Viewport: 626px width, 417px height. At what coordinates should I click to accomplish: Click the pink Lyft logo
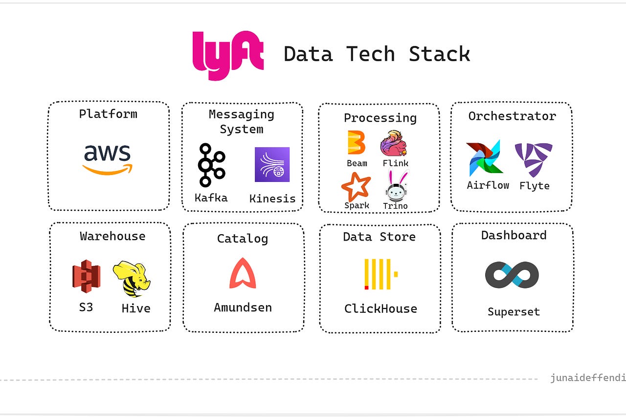click(228, 55)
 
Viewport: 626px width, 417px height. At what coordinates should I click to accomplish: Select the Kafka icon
click(211, 165)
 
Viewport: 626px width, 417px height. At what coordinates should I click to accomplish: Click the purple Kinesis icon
click(272, 165)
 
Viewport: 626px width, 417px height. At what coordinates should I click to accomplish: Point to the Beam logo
click(357, 143)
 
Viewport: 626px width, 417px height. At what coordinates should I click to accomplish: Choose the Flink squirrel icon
click(394, 143)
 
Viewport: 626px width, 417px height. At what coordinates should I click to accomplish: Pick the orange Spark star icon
click(356, 187)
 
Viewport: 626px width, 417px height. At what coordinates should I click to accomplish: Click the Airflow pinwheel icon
click(484, 159)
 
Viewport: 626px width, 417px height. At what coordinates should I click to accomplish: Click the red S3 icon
click(87, 276)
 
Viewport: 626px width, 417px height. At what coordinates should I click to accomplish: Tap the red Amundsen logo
click(243, 273)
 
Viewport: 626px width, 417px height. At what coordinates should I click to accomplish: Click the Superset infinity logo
click(512, 275)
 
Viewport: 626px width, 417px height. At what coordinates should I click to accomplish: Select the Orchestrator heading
click(512, 116)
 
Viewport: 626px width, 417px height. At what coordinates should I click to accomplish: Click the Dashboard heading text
click(514, 235)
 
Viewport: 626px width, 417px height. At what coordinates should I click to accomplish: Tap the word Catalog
click(243, 239)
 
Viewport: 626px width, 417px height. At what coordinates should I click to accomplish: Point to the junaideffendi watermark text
click(587, 378)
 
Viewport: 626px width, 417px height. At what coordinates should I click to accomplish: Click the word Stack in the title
click(439, 54)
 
